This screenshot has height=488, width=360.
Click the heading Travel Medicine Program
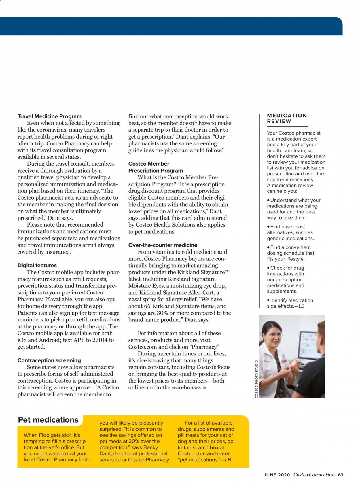click(50, 116)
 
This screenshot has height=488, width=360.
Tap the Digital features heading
click(37, 265)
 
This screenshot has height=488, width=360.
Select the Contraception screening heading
click(49, 360)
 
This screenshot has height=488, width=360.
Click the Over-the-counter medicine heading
click(163, 245)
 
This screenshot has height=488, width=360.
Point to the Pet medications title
click(48, 420)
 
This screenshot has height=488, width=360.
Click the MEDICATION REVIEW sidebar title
click(287, 118)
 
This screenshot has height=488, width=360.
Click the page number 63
click(341, 475)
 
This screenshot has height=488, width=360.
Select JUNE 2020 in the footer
click(277, 475)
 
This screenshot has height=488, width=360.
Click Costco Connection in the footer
click(314, 475)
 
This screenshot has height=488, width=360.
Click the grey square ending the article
click(205, 388)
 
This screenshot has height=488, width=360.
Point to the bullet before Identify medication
click(268, 300)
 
